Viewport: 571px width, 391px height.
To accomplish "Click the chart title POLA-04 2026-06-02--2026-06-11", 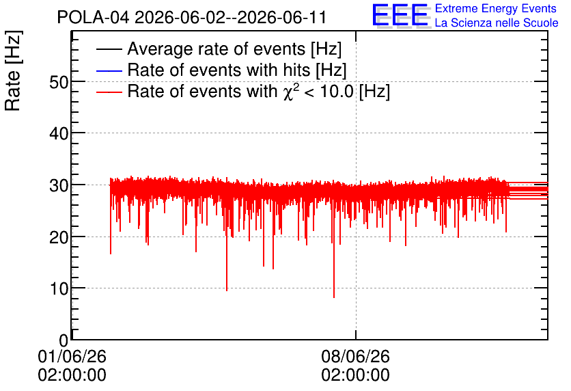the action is click(191, 17).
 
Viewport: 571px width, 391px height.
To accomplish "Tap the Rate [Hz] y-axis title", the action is click(13, 70).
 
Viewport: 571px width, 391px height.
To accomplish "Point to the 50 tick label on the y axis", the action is click(59, 82).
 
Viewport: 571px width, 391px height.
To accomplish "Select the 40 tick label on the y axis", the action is click(59, 134).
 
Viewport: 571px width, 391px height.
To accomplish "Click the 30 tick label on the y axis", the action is click(59, 185).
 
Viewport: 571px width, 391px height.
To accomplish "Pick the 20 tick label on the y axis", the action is click(59, 237).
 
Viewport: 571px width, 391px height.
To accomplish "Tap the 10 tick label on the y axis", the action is click(59, 288).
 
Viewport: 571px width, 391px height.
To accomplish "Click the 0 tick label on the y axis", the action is click(64, 340).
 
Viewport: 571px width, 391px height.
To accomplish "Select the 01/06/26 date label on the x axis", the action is click(72, 356).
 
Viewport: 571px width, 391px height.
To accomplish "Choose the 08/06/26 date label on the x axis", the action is click(355, 356).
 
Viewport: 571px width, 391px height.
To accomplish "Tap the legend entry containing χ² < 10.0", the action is click(259, 91).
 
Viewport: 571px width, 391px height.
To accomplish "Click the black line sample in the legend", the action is click(109, 49).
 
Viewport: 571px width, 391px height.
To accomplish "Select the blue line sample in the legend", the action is click(109, 70).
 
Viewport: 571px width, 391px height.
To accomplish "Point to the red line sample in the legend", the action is click(109, 92).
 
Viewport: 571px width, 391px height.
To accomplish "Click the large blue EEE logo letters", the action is click(400, 15).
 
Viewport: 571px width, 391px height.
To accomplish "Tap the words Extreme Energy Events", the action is click(496, 8).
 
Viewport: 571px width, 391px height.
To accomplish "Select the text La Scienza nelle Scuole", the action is click(497, 23).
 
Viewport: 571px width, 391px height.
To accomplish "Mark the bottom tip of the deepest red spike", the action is click(334, 298).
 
